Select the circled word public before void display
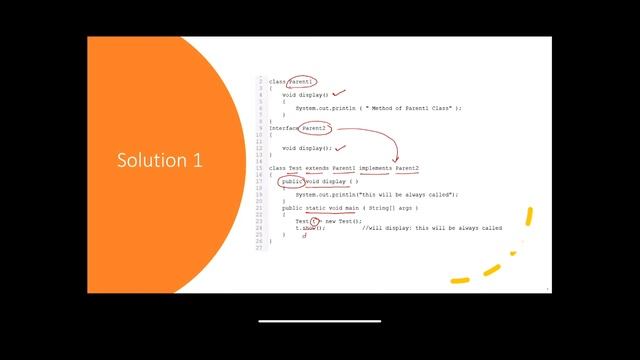[x=292, y=182]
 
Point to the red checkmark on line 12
[x=340, y=147]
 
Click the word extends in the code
[x=317, y=168]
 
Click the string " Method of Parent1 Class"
[x=411, y=107]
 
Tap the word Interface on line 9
[x=284, y=129]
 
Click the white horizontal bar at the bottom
[x=319, y=321]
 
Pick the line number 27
[x=260, y=247]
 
